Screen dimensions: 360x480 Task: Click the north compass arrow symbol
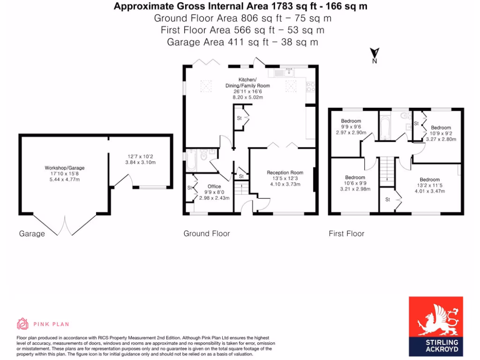pyautogui.click(x=375, y=54)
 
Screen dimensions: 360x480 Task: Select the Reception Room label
pyautogui.click(x=285, y=172)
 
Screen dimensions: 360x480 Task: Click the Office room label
pyautogui.click(x=214, y=187)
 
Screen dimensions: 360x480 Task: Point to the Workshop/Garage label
pyautogui.click(x=65, y=168)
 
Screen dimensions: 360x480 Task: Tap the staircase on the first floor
pyautogui.click(x=385, y=169)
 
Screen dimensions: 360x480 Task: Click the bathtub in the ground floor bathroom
pyautogui.click(x=192, y=160)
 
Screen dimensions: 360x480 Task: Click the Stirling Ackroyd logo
pyautogui.click(x=435, y=326)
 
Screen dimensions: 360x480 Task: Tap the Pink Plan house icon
pyautogui.click(x=22, y=324)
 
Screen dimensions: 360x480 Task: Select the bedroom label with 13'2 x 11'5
pyautogui.click(x=429, y=180)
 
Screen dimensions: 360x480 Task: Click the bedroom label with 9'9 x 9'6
pyautogui.click(x=351, y=121)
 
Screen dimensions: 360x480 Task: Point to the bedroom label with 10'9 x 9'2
pyautogui.click(x=441, y=127)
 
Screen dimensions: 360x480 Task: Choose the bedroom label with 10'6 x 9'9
pyautogui.click(x=355, y=178)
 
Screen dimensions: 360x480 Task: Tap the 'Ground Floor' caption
pyautogui.click(x=207, y=233)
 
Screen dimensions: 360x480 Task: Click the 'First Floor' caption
pyautogui.click(x=346, y=233)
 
